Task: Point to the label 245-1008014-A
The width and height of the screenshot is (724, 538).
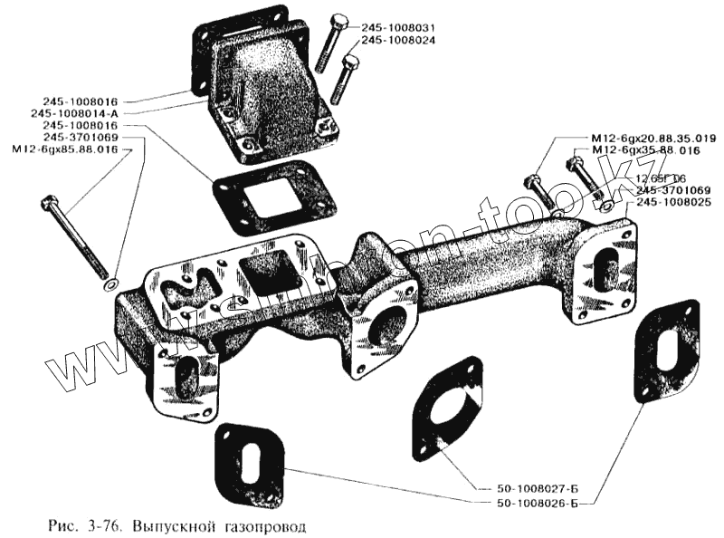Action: coord(87,112)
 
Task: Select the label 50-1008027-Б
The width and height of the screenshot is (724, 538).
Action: coord(540,489)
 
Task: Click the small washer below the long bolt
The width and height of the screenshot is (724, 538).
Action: coord(109,287)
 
